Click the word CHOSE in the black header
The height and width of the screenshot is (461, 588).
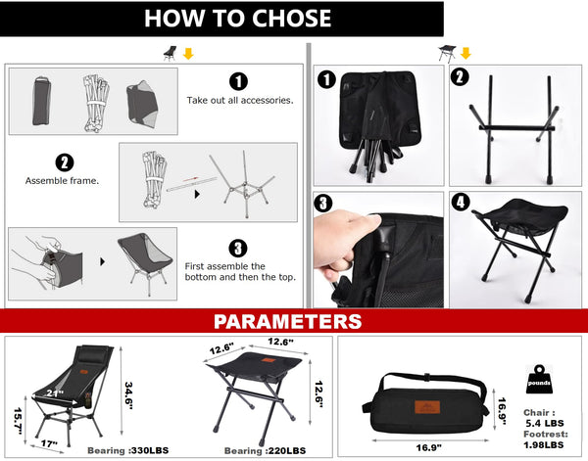(291, 18)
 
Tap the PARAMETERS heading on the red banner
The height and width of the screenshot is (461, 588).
(287, 321)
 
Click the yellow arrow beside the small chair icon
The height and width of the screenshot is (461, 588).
(188, 54)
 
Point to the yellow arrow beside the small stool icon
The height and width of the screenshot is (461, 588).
(465, 53)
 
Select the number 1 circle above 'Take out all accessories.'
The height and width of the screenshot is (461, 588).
(238, 81)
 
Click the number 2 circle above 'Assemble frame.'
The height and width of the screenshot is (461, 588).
(65, 162)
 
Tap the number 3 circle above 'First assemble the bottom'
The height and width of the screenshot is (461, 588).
(238, 249)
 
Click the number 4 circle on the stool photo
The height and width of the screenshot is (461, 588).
(461, 203)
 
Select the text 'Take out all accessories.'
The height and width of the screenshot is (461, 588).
(240, 101)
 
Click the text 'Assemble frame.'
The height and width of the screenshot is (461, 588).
(63, 180)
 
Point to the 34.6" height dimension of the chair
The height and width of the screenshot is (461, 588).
(128, 395)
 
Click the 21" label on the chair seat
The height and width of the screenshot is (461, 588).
(55, 393)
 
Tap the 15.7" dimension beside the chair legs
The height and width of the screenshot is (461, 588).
(19, 421)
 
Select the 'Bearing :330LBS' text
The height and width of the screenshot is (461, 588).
(127, 450)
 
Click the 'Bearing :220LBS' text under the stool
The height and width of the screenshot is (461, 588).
(265, 451)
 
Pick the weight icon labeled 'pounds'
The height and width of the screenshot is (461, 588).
(539, 380)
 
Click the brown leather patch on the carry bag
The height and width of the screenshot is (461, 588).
(427, 407)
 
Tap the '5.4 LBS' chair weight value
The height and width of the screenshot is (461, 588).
(545, 423)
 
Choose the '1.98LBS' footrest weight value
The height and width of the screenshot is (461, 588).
(544, 445)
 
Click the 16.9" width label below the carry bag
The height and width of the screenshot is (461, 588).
(428, 447)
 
